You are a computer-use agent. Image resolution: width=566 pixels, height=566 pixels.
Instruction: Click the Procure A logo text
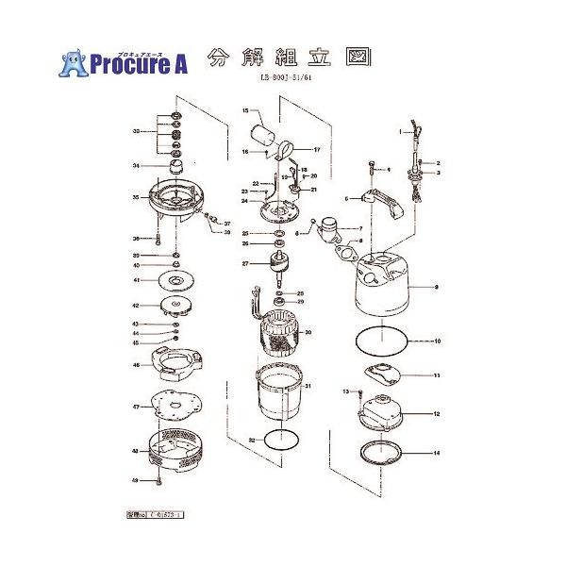[x=140, y=64]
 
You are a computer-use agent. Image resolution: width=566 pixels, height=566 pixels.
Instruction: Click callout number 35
[x=136, y=197]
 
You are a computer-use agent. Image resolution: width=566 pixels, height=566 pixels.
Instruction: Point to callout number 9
[x=437, y=285]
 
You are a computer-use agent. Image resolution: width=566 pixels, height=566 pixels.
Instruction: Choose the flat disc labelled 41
[x=176, y=280]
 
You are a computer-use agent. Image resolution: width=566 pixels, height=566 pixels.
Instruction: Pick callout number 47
[x=136, y=407]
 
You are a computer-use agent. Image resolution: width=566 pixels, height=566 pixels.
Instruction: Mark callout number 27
[x=244, y=263]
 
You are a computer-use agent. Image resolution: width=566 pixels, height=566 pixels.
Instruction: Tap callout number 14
[x=437, y=454]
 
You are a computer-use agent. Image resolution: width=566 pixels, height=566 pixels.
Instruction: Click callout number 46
[x=136, y=365]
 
